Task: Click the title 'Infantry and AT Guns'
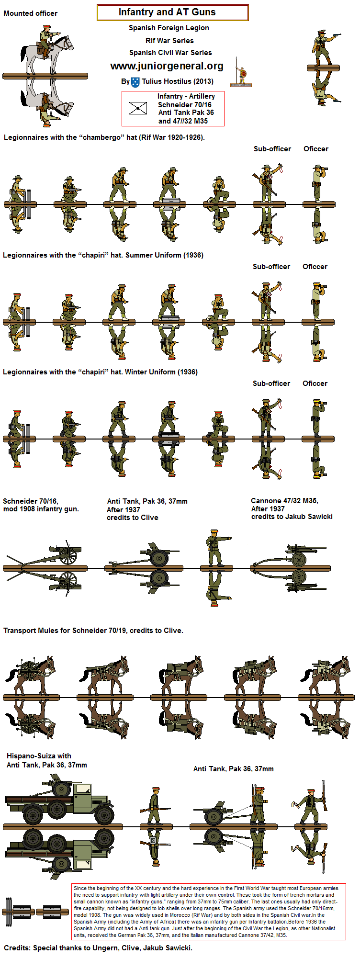[x=167, y=12]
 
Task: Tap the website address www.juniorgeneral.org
[x=167, y=66]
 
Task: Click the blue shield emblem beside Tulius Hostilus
[x=135, y=82]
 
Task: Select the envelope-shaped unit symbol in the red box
[x=138, y=108]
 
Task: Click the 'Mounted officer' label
[x=30, y=13]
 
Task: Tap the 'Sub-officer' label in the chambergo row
[x=272, y=149]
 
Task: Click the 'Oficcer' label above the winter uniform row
[x=315, y=383]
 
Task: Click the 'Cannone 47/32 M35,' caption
[x=284, y=501]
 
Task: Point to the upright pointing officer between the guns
[x=215, y=548]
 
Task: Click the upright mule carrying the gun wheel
[x=31, y=676]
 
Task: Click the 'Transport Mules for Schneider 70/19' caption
[x=93, y=631]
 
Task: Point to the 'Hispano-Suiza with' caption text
[x=39, y=755]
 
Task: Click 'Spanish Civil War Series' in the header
[x=170, y=53]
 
